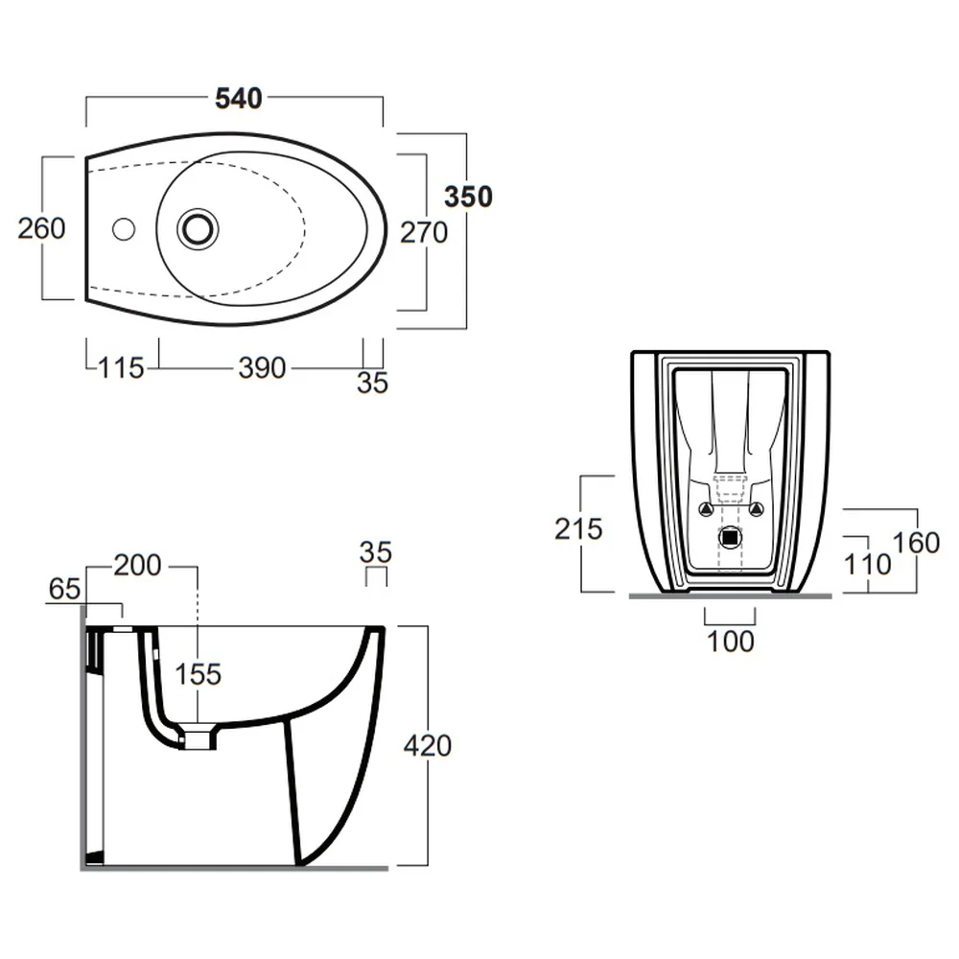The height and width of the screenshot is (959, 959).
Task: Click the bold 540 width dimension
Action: pyautogui.click(x=239, y=98)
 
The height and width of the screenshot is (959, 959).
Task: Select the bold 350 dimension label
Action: pyautogui.click(x=469, y=197)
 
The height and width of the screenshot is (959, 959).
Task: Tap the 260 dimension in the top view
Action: pyautogui.click(x=41, y=228)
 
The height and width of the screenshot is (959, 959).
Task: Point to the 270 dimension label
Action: pyautogui.click(x=424, y=232)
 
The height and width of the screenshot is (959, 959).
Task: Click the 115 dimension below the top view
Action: pyautogui.click(x=121, y=368)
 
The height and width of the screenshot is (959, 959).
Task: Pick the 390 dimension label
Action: pyautogui.click(x=263, y=368)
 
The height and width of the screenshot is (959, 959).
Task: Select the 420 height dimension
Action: pyautogui.click(x=428, y=745)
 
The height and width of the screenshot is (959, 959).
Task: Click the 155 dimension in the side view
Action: pyautogui.click(x=198, y=674)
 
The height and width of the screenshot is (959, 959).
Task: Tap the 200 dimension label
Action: pyautogui.click(x=137, y=565)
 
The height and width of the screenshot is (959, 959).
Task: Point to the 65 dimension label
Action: pyautogui.click(x=64, y=589)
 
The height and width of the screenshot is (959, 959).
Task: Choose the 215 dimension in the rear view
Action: pyautogui.click(x=578, y=529)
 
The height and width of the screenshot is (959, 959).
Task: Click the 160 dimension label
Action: pyautogui.click(x=916, y=543)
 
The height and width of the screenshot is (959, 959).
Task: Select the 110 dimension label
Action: pyautogui.click(x=867, y=565)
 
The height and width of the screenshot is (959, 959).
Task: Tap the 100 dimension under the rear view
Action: pyautogui.click(x=730, y=642)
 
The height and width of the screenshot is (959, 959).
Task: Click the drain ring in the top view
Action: pyautogui.click(x=198, y=229)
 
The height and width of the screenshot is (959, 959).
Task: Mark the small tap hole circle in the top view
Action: pyautogui.click(x=124, y=229)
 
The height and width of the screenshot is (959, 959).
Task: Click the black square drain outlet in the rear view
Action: pyautogui.click(x=730, y=538)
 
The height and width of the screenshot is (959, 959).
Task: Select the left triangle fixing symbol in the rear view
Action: pyautogui.click(x=706, y=508)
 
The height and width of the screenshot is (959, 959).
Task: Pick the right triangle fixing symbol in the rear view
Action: pyautogui.click(x=757, y=508)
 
